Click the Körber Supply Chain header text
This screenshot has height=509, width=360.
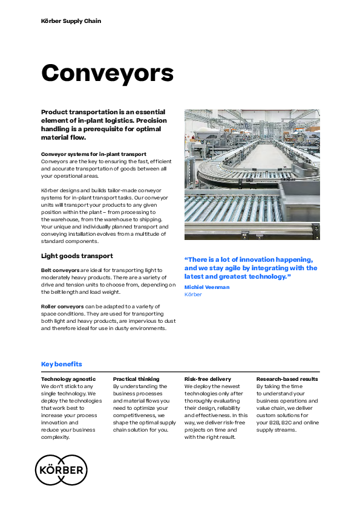click(71, 21)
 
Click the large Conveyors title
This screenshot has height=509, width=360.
click(107, 73)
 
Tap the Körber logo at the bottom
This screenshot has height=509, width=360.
click(61, 470)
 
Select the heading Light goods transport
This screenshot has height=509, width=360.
click(77, 256)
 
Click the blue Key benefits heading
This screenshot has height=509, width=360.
click(61, 364)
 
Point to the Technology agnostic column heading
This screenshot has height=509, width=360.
click(68, 379)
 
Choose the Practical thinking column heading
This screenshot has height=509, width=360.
click(136, 379)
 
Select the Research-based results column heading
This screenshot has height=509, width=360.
click(287, 379)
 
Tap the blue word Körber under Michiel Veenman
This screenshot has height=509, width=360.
click(193, 294)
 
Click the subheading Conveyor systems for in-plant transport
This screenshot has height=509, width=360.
click(93, 154)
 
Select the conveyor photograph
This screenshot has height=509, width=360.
click(252, 175)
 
